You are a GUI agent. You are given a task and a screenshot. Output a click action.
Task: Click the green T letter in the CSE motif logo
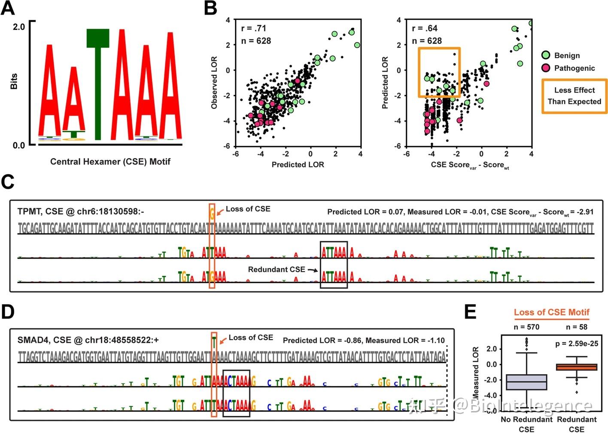pyautogui.click(x=98, y=86)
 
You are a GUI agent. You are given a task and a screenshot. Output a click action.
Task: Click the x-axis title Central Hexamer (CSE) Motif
pyautogui.click(x=110, y=162)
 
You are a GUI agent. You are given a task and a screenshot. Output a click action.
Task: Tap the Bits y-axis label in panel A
pyautogui.click(x=14, y=81)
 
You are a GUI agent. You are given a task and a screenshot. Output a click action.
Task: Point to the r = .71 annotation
pyautogui.click(x=254, y=28)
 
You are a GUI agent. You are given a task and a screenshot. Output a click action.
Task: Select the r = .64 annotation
pyautogui.click(x=425, y=28)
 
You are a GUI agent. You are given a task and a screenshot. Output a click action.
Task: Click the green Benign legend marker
pyautogui.click(x=546, y=55)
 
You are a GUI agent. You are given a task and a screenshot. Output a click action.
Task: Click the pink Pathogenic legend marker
pyautogui.click(x=546, y=68)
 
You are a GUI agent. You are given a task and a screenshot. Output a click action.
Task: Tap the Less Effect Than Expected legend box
pyautogui.click(x=574, y=96)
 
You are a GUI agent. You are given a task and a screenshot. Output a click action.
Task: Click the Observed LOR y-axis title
pyautogui.click(x=214, y=82)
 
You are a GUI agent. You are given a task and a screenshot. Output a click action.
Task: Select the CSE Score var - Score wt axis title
pyautogui.click(x=470, y=165)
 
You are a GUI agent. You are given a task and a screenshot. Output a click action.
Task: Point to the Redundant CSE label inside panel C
pyautogui.click(x=277, y=269)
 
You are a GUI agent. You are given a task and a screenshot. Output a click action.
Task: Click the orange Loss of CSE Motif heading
pyautogui.click(x=551, y=312)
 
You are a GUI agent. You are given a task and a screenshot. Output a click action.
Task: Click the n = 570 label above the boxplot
pyautogui.click(x=526, y=327)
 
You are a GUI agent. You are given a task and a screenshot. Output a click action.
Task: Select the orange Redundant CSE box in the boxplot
pyautogui.click(x=576, y=367)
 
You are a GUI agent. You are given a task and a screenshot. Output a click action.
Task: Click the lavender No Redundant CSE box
pyautogui.click(x=526, y=382)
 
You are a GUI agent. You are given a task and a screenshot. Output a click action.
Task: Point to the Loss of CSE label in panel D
pyautogui.click(x=251, y=338)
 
